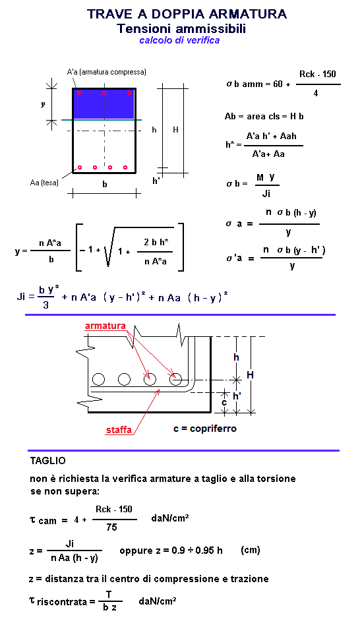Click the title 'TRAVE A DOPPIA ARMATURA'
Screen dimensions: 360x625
(187, 14)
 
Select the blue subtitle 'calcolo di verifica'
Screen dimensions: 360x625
(179, 40)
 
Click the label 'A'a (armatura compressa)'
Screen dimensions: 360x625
(106, 72)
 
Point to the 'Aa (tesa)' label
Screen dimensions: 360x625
(44, 183)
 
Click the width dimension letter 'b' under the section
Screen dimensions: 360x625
(104, 184)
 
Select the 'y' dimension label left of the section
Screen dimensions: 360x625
(43, 104)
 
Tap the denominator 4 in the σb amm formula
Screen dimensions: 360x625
(315, 94)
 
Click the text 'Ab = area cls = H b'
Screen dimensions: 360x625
(264, 117)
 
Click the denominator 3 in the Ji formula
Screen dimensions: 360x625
(46, 305)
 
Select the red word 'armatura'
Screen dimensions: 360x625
(105, 326)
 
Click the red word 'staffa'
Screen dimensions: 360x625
(119, 430)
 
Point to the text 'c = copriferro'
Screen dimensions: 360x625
(205, 429)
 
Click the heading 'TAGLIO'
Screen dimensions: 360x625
(48, 461)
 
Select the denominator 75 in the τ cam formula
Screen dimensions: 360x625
(111, 527)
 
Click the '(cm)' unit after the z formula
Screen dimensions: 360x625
(251, 550)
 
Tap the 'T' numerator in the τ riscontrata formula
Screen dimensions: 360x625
(108, 595)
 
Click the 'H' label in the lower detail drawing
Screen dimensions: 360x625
(251, 374)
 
